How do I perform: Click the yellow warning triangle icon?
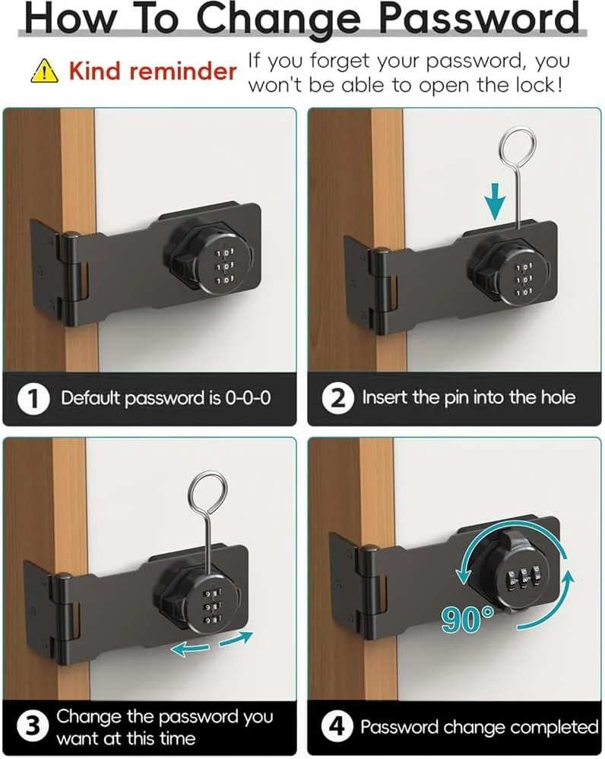pyautogui.click(x=45, y=71)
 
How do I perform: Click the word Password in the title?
pyautogui.click(x=479, y=18)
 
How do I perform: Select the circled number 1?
pyautogui.click(x=33, y=399)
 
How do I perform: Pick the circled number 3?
pyautogui.click(x=33, y=727)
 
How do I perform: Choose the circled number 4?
pyautogui.click(x=337, y=726)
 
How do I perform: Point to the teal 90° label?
pyautogui.click(x=467, y=620)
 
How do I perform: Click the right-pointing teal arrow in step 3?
pyautogui.click(x=236, y=638)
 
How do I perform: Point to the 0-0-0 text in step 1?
pyautogui.click(x=248, y=398)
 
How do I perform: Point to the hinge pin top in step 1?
pyautogui.click(x=71, y=236)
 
